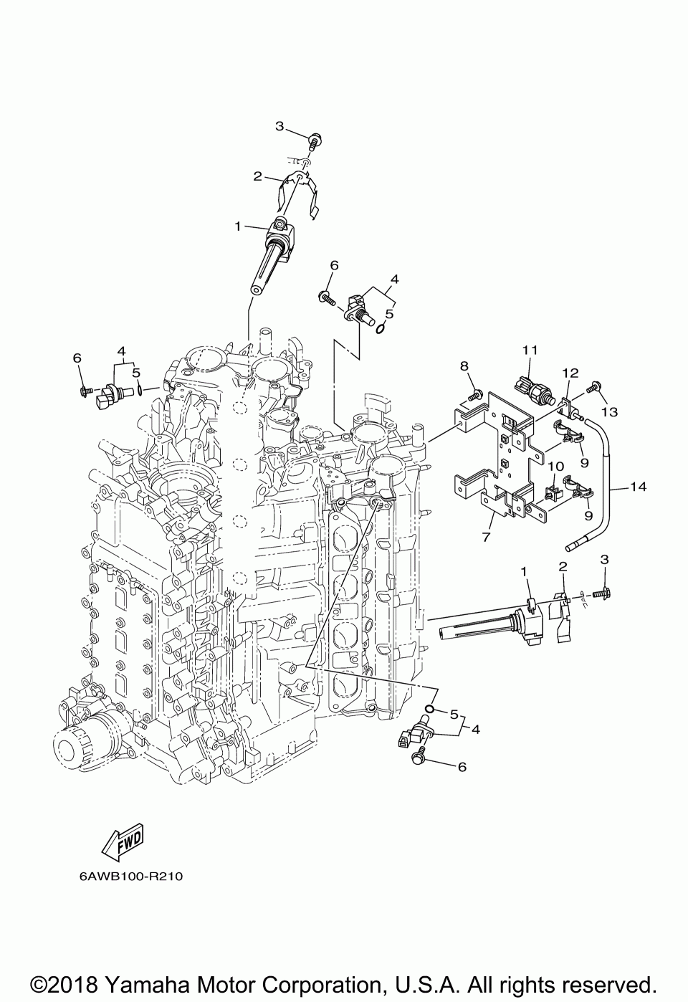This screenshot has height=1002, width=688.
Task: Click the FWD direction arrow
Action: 122,843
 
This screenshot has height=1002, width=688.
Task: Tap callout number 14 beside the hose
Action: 639,486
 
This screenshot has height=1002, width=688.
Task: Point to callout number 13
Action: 610,411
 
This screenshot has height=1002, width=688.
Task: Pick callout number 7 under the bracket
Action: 486,537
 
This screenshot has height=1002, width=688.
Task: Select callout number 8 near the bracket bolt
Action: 464,366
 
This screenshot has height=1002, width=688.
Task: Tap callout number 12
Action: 570,373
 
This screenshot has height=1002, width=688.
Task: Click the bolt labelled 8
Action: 474,395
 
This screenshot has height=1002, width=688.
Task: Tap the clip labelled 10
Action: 552,493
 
